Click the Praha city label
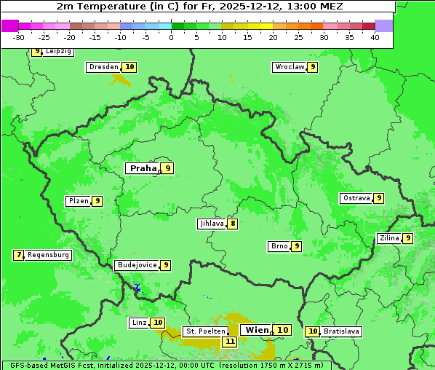(x=143, y=168)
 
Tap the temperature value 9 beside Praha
(x=168, y=168)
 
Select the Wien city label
(x=258, y=330)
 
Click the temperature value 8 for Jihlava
(x=233, y=224)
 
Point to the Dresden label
(x=103, y=67)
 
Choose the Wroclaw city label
(x=289, y=67)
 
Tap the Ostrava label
(x=356, y=198)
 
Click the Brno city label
(x=279, y=246)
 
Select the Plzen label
(x=78, y=201)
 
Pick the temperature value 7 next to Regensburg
(x=19, y=255)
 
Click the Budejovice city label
(x=137, y=265)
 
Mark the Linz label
(x=139, y=323)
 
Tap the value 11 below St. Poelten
(x=230, y=341)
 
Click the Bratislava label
(x=342, y=331)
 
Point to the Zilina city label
(x=389, y=238)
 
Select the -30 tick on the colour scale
(x=19, y=37)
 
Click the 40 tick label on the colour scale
(x=375, y=37)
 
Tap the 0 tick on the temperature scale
(x=171, y=37)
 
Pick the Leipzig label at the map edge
(x=58, y=52)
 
